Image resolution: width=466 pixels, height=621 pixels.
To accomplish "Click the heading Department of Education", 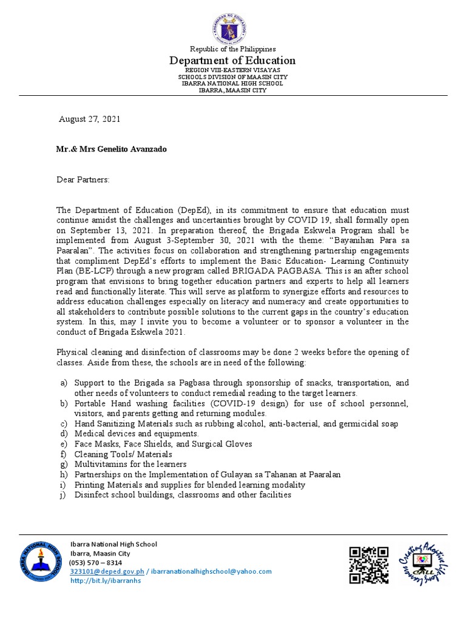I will click(x=233, y=61).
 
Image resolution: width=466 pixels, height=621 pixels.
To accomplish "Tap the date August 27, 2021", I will click(x=89, y=119).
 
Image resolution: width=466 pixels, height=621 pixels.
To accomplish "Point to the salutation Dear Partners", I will click(x=83, y=180).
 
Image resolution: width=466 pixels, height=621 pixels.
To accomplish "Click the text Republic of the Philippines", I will click(x=233, y=49).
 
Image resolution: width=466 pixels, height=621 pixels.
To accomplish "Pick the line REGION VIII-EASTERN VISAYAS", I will click(x=233, y=70).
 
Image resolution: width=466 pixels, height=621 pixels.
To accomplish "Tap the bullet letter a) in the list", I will click(x=63, y=383).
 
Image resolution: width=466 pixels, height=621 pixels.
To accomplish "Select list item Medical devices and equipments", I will click(x=137, y=434).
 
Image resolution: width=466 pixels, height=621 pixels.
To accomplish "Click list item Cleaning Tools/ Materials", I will click(x=123, y=454).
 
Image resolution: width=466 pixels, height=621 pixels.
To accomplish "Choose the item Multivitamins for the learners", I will click(x=130, y=465).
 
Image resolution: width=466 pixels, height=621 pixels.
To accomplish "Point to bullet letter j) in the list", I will click(x=64, y=495).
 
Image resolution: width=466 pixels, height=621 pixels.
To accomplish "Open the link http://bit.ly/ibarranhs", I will click(x=106, y=580).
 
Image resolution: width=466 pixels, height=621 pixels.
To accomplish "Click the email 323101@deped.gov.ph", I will click(x=107, y=571).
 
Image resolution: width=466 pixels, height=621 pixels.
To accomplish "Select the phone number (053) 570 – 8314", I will click(x=96, y=562).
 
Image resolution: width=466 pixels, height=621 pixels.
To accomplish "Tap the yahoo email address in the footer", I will click(x=211, y=571).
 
